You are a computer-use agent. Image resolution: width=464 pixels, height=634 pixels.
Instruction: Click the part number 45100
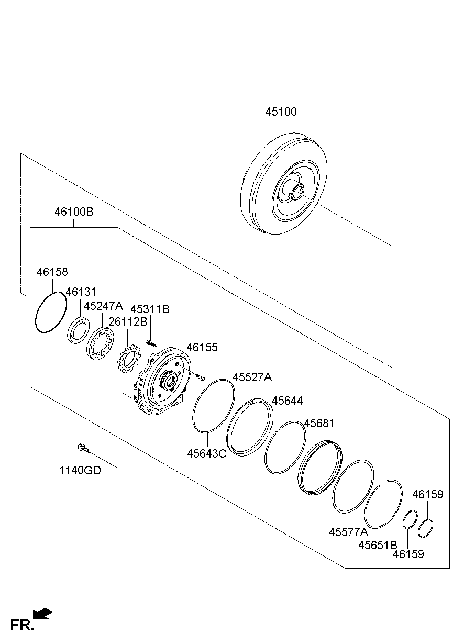tap(281, 112)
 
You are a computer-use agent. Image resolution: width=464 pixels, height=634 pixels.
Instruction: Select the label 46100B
tap(74, 212)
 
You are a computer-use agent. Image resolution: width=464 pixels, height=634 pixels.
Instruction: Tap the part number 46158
tap(52, 272)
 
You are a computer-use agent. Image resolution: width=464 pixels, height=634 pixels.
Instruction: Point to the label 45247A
tap(103, 306)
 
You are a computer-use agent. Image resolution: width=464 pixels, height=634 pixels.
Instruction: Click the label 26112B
tap(128, 321)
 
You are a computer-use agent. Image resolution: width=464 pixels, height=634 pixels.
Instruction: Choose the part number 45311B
tap(150, 309)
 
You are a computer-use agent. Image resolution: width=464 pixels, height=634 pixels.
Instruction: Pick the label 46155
tap(202, 347)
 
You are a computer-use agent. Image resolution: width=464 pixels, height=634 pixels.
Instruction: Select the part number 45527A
tap(252, 377)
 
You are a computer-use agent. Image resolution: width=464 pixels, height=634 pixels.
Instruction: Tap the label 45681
tap(319, 423)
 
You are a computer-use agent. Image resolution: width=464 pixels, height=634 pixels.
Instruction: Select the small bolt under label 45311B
tap(151, 343)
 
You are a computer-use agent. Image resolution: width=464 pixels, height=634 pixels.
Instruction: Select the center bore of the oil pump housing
tap(170, 382)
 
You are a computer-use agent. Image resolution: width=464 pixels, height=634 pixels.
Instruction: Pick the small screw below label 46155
tap(201, 377)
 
